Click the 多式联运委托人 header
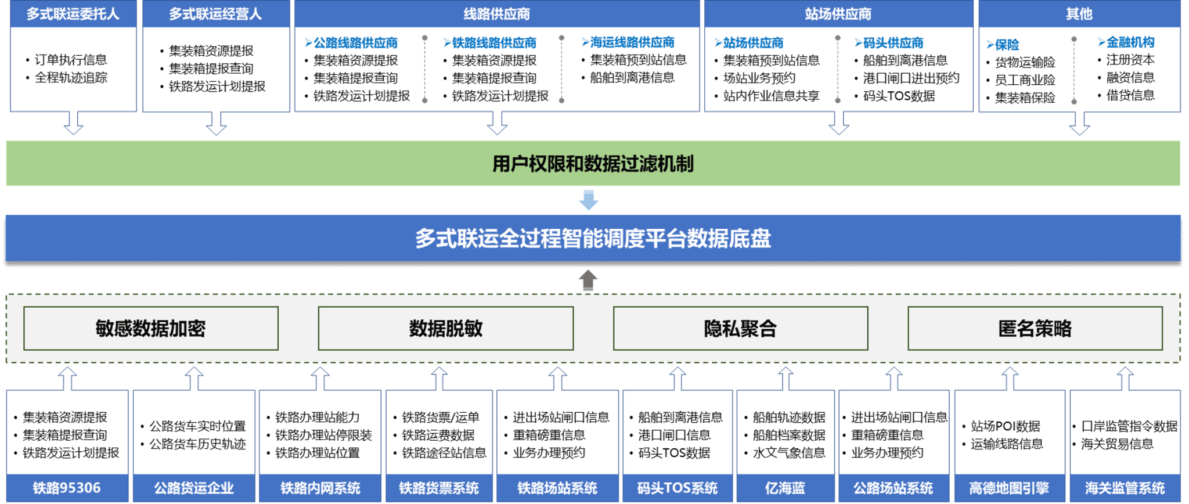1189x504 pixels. pyautogui.click(x=73, y=14)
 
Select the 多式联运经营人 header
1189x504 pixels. pyautogui.click(x=215, y=14)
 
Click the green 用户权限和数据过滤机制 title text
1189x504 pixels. pyautogui.click(x=593, y=164)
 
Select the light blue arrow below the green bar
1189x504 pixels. pyautogui.click(x=589, y=200)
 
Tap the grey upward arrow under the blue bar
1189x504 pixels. pyautogui.click(x=588, y=280)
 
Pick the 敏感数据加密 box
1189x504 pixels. pyautogui.click(x=151, y=329)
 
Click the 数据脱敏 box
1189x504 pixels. pyautogui.click(x=446, y=329)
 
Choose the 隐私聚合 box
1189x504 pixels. pyautogui.click(x=740, y=329)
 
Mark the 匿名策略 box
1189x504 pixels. pyautogui.click(x=1035, y=329)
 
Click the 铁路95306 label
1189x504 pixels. pyautogui.click(x=67, y=488)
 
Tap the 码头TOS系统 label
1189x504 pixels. pyautogui.click(x=678, y=488)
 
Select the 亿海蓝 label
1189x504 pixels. pyautogui.click(x=786, y=488)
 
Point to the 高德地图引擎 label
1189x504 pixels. pyautogui.click(x=1010, y=488)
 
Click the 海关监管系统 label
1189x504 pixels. pyautogui.click(x=1125, y=488)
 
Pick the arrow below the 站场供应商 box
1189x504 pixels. pyautogui.click(x=838, y=123)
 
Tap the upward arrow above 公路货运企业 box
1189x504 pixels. pyautogui.click(x=194, y=378)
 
